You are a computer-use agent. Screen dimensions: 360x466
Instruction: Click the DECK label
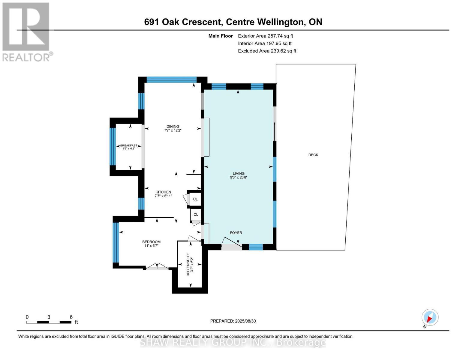click(x=313, y=155)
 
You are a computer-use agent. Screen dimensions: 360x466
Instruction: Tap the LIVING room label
click(x=239, y=173)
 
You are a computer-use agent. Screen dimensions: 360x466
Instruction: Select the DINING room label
click(x=173, y=127)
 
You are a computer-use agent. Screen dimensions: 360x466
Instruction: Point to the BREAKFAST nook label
click(x=129, y=145)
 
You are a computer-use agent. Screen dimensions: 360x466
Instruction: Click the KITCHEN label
click(x=163, y=192)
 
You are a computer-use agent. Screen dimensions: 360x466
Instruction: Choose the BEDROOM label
click(x=151, y=242)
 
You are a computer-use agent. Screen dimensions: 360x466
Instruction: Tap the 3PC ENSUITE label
click(x=188, y=264)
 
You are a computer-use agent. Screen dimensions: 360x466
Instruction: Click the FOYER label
click(x=236, y=232)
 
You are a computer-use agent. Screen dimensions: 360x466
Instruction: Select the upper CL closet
click(x=195, y=199)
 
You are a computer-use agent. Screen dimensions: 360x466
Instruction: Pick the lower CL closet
click(x=196, y=214)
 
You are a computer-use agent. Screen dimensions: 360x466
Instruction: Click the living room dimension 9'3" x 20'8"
click(x=239, y=177)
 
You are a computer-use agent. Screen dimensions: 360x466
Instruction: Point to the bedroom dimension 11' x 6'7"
click(x=151, y=246)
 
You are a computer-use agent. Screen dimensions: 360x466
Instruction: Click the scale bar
click(x=49, y=322)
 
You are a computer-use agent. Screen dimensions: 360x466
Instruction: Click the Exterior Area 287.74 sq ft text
click(x=265, y=36)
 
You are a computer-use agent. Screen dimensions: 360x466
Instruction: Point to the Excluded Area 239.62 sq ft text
click(x=267, y=51)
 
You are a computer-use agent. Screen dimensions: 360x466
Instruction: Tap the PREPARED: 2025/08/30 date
click(x=233, y=321)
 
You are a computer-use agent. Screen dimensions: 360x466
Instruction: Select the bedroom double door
click(x=157, y=267)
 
